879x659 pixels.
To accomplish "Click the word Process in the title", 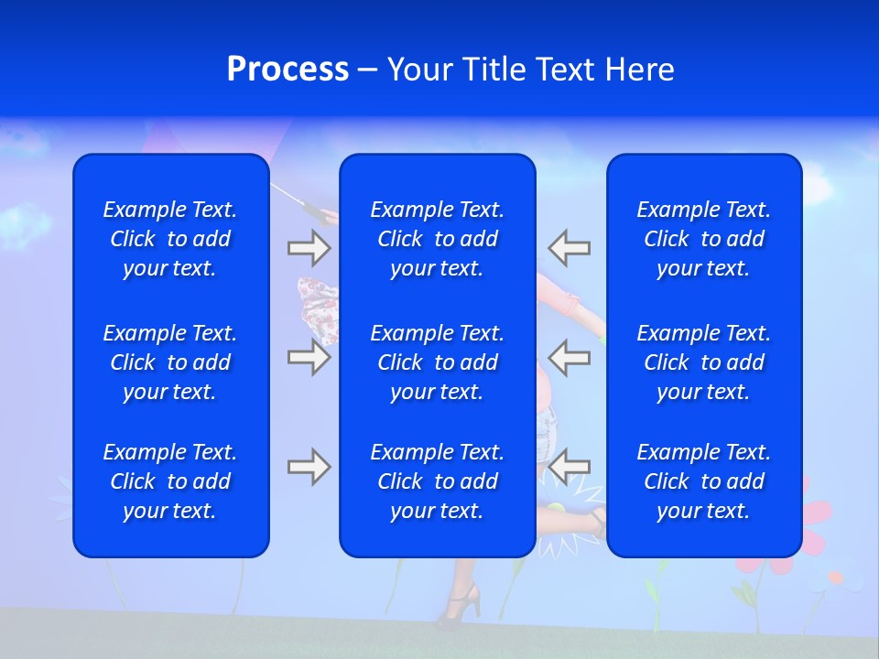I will [x=288, y=70].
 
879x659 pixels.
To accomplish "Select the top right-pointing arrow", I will [x=309, y=247].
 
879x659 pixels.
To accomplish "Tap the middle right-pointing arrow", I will [x=309, y=357].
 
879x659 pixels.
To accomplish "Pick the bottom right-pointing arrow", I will [x=309, y=467].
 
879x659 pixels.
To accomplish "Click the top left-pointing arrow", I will [x=570, y=247].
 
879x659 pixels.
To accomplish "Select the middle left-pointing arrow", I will [x=570, y=357].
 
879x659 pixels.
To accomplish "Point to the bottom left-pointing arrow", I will [x=570, y=467].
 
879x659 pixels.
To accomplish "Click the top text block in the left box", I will [x=170, y=239].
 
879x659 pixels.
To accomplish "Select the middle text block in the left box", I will [x=170, y=362].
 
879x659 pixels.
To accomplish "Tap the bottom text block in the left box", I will [x=170, y=481].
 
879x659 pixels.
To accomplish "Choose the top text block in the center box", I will [x=438, y=239].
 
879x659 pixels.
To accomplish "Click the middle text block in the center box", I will [x=438, y=362].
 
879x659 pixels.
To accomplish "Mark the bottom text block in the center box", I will [x=438, y=481].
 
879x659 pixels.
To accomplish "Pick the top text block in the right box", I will [x=704, y=239].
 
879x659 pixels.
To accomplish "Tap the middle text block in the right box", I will [x=704, y=362].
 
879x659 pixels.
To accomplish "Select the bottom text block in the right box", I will [x=704, y=481].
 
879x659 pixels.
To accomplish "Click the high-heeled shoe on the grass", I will [x=461, y=605].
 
